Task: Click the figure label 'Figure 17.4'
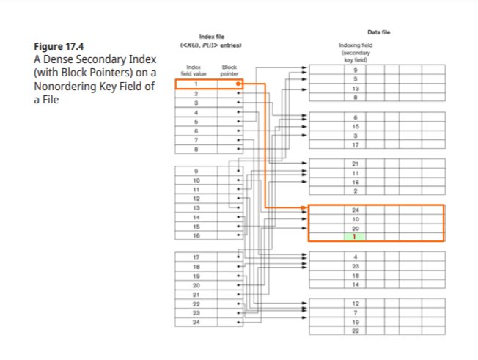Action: (x=59, y=48)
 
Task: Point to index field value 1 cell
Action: (x=196, y=85)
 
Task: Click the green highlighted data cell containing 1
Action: (x=354, y=236)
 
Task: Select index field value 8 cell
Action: (x=196, y=149)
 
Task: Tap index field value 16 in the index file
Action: (x=196, y=235)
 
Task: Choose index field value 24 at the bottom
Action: (x=196, y=321)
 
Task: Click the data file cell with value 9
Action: (x=354, y=70)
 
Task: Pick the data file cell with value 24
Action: (x=354, y=210)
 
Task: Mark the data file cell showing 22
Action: (x=354, y=331)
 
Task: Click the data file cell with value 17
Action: (x=354, y=144)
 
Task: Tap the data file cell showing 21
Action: (x=354, y=163)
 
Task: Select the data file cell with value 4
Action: (x=354, y=256)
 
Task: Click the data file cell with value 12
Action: (x=354, y=304)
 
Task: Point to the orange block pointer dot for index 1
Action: (x=238, y=85)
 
